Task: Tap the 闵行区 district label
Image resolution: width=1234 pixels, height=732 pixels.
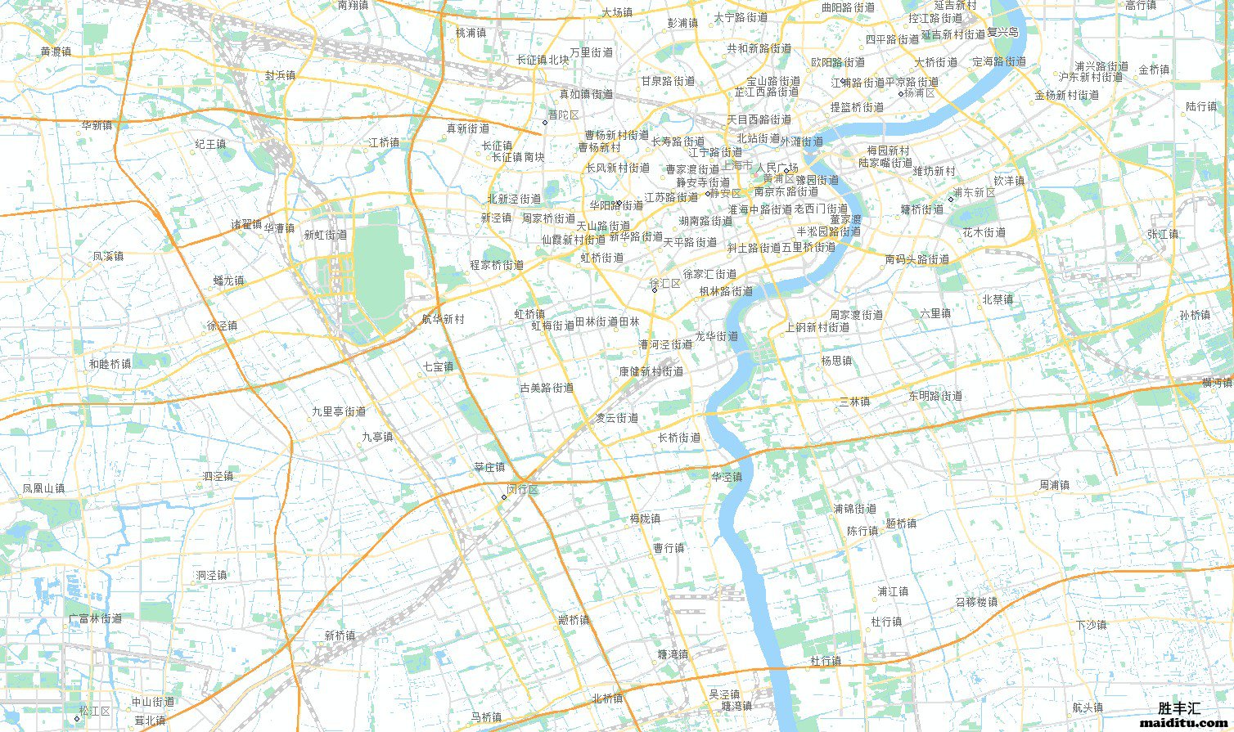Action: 522,489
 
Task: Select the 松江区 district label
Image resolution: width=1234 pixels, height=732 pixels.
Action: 95,711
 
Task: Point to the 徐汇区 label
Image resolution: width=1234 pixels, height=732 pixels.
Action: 665,283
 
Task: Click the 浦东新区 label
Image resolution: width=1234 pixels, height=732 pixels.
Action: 974,193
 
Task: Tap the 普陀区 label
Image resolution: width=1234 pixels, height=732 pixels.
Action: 563,115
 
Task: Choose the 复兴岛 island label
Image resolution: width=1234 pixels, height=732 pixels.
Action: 1002,33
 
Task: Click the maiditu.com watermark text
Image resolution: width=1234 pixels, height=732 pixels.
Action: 1183,722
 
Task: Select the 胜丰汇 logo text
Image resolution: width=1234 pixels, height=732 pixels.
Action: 1179,708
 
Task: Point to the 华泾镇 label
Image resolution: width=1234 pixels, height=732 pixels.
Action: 727,477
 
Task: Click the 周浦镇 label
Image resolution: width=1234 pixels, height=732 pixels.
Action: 1054,485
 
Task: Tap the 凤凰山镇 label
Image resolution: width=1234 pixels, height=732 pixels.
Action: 43,488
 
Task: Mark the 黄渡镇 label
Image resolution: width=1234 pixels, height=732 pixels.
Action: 56,51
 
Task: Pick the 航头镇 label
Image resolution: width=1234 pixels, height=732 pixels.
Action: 1088,707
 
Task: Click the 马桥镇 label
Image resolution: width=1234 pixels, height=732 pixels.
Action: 486,717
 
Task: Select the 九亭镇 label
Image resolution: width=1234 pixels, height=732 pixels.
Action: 377,437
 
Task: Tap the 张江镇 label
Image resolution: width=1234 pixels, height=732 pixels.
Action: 1162,234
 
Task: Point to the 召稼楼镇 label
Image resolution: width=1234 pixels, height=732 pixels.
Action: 976,602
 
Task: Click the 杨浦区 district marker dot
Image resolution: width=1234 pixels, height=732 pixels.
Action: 901,93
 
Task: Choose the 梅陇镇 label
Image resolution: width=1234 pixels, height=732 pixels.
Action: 645,519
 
